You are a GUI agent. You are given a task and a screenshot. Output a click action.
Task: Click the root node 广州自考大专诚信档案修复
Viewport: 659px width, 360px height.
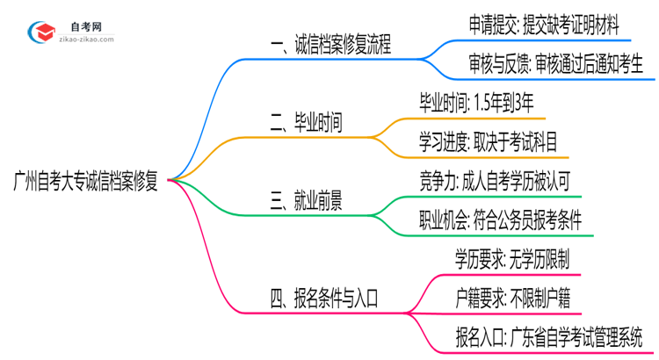[85, 183]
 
